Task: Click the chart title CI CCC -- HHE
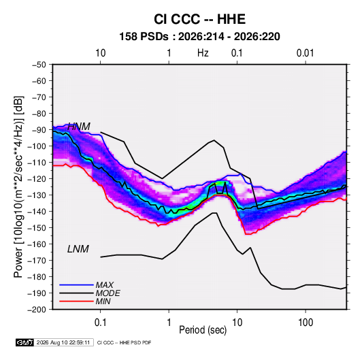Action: click(199, 19)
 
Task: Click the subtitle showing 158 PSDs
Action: click(199, 37)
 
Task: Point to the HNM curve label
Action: click(79, 127)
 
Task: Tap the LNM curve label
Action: click(78, 249)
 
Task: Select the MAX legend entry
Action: click(105, 285)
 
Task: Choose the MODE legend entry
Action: click(108, 293)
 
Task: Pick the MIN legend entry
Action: click(103, 301)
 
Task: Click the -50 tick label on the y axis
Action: click(39, 65)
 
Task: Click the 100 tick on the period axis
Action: click(305, 323)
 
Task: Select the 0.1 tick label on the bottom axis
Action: click(100, 323)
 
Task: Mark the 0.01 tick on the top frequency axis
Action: click(305, 53)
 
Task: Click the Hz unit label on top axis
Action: click(203, 53)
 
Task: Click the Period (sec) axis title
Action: click(203, 330)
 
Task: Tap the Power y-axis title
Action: click(18, 186)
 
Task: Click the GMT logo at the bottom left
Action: click(25, 342)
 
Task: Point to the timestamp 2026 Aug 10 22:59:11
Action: click(63, 342)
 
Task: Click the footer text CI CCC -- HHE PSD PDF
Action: click(125, 342)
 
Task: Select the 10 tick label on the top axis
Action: click(101, 53)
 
